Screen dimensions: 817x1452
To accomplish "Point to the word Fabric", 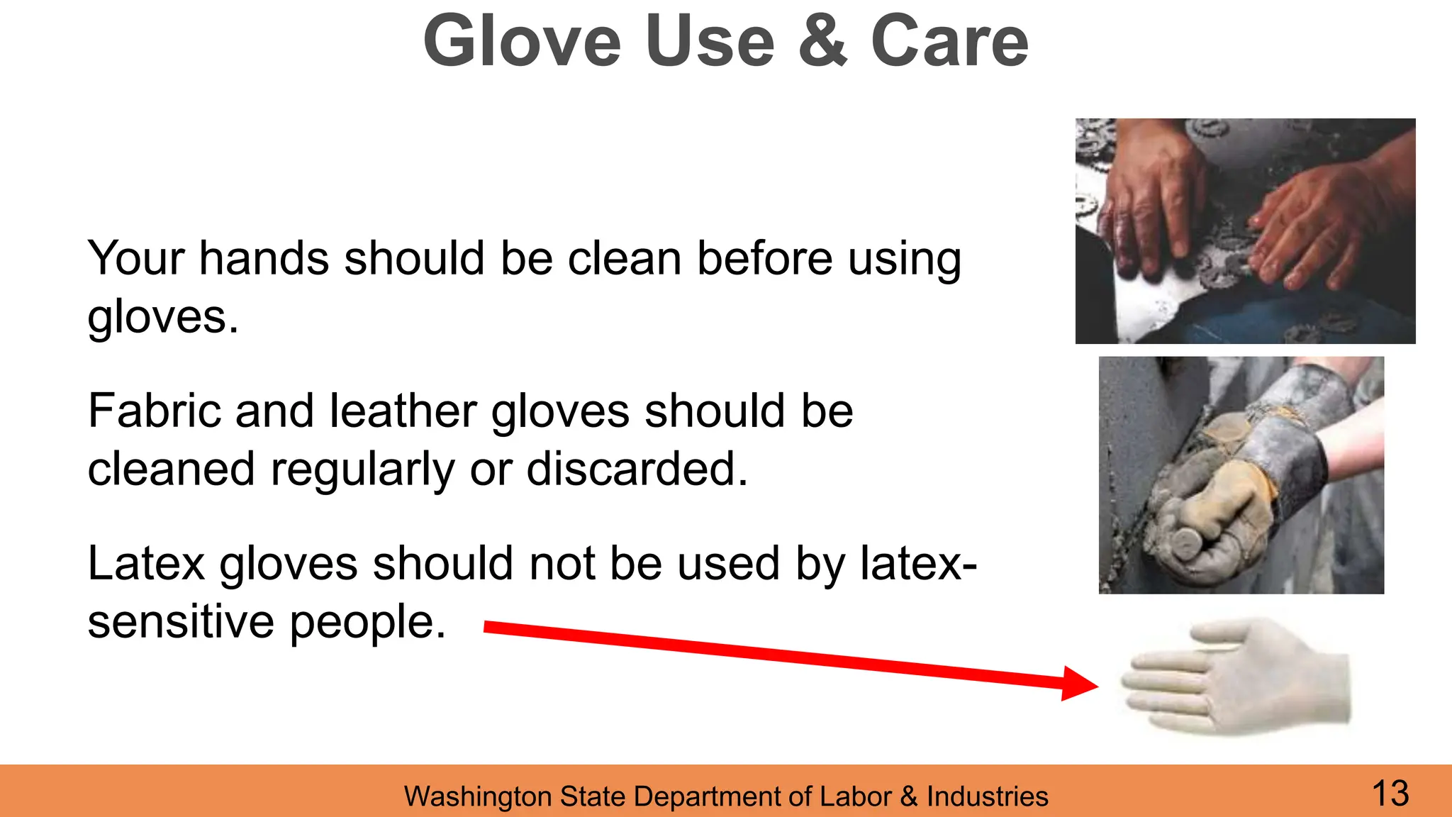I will [154, 411].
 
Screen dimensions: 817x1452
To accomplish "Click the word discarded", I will [637, 469].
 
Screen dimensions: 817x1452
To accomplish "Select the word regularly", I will [362, 471].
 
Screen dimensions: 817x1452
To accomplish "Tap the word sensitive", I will [181, 622].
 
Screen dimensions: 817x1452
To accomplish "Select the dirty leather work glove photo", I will [1241, 475].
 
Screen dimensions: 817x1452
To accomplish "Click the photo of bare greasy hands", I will [1245, 231].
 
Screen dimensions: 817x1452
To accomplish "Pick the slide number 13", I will [1390, 793].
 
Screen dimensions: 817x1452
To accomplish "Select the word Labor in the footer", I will [855, 797].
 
